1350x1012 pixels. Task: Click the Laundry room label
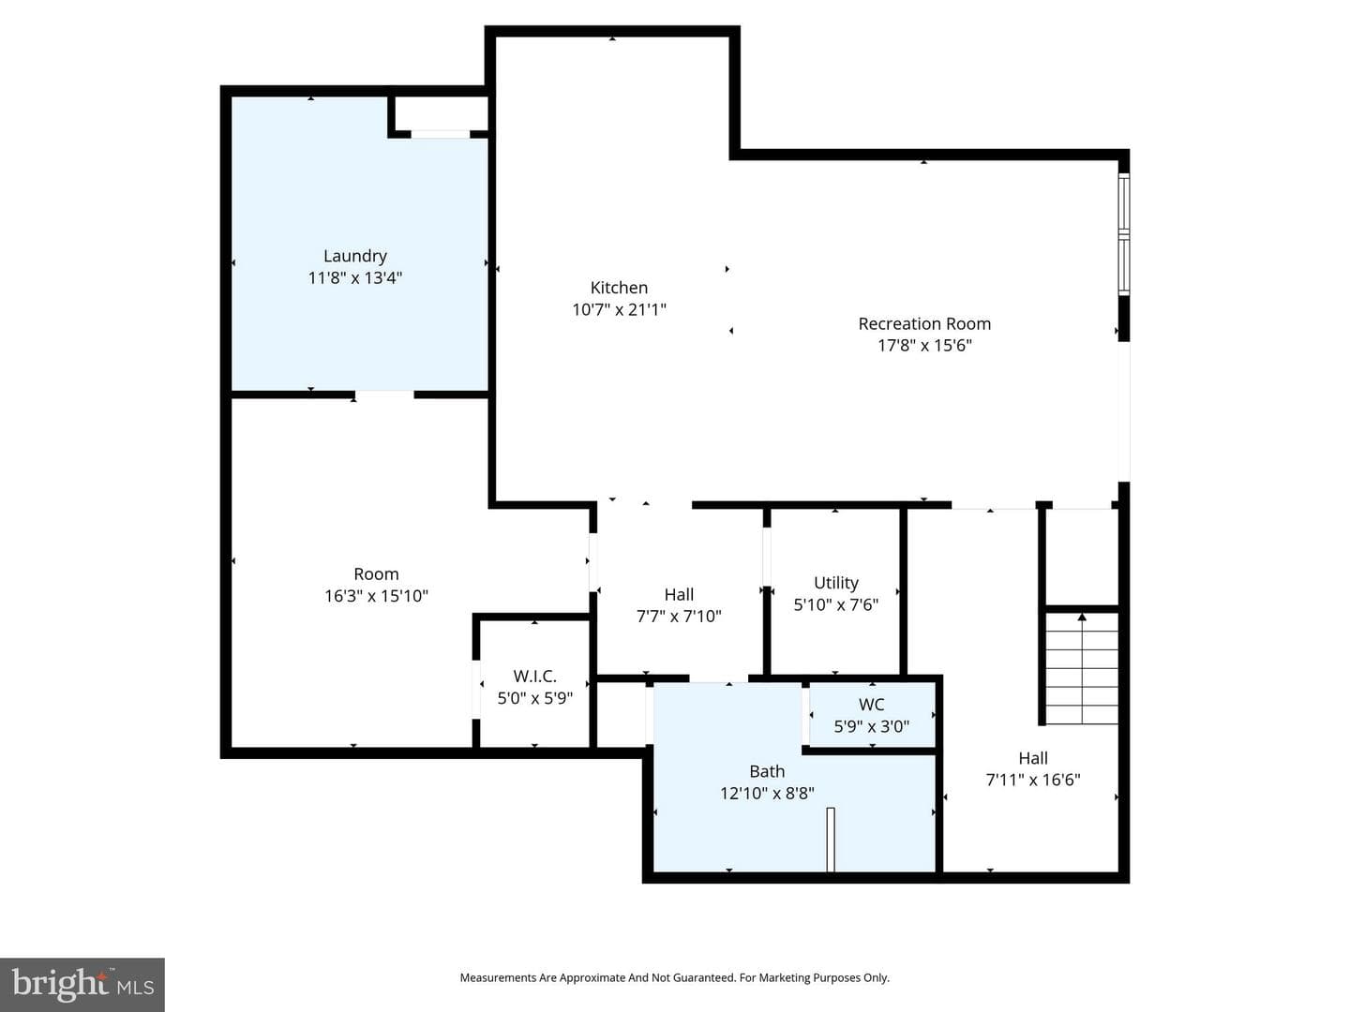(x=355, y=256)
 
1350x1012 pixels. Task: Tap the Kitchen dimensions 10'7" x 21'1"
(x=620, y=309)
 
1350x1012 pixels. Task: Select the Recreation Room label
(x=924, y=324)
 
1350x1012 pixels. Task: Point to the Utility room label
(x=836, y=583)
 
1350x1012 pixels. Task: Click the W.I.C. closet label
(x=534, y=677)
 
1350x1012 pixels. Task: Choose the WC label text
(x=872, y=704)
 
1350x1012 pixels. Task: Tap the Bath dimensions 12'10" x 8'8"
(x=767, y=794)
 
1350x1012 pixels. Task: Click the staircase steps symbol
(x=1082, y=668)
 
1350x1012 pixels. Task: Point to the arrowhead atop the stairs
(x=1082, y=617)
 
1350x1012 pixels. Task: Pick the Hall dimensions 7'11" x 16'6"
(x=1032, y=780)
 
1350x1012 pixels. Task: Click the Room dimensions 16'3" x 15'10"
(x=376, y=595)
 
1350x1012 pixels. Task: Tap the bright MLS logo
(x=82, y=984)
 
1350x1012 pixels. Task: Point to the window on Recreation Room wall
(x=1124, y=233)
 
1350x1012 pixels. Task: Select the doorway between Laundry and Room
(x=384, y=394)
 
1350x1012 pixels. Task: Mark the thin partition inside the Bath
(x=831, y=840)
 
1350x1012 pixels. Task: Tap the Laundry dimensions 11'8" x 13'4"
(x=355, y=277)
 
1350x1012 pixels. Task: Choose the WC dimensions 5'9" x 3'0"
(x=872, y=726)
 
